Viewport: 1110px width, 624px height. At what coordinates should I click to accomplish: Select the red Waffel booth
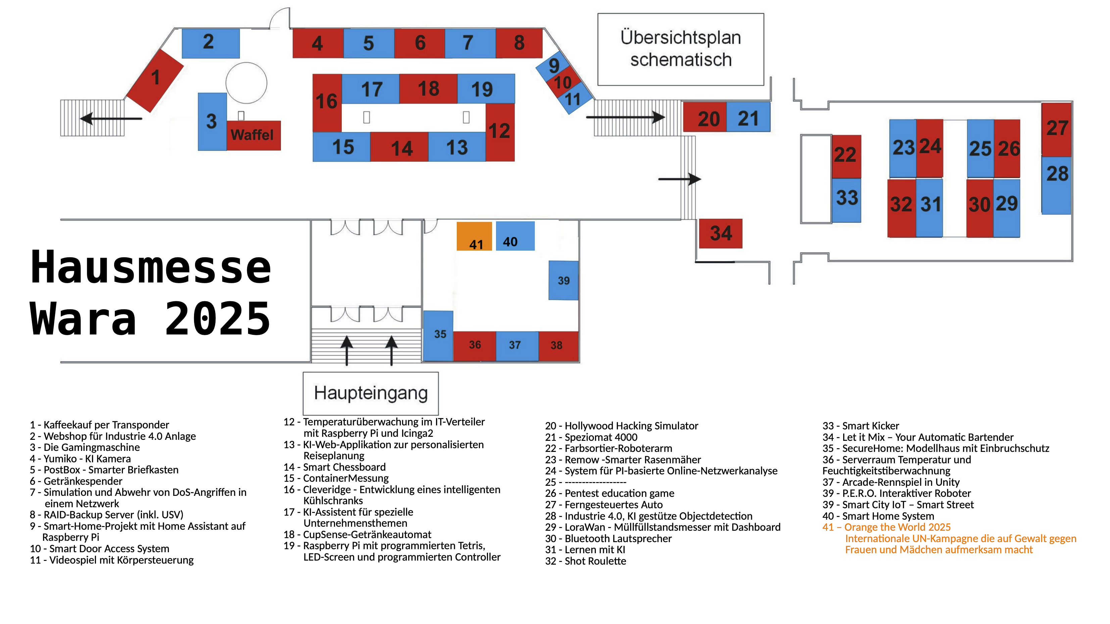coord(253,135)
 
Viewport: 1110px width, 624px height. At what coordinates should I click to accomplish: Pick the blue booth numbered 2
coord(210,43)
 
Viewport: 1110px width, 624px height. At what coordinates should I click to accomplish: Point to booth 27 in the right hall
coord(1056,129)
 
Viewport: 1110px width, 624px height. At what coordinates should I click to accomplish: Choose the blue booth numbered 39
coord(563,280)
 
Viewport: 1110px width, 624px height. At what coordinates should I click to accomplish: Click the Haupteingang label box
coord(371,393)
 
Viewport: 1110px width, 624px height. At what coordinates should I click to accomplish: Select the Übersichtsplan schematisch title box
coord(680,49)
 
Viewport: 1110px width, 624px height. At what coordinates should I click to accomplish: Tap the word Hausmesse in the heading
coord(151,268)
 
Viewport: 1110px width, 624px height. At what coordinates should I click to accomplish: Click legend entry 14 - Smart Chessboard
coord(334,467)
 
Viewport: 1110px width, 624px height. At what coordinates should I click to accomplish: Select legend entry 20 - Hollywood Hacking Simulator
coord(621,426)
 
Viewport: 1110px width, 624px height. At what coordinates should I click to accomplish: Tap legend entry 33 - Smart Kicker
coord(861,426)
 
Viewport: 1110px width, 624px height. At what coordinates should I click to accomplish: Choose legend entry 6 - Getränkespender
coord(76,481)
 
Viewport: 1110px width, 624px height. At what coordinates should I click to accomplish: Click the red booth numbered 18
coord(428,89)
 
